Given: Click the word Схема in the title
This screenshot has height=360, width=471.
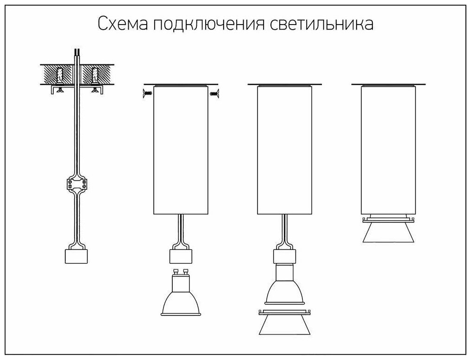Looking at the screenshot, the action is (x=122, y=24).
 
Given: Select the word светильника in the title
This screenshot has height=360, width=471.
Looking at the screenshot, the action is (x=321, y=24).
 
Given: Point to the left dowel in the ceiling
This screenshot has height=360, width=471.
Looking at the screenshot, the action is (x=60, y=74).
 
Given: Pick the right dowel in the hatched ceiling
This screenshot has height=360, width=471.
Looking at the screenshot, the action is (x=95, y=74).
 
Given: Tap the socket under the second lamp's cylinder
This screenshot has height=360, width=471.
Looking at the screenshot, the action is (x=180, y=256).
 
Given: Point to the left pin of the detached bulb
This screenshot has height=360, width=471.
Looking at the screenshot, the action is (x=175, y=272).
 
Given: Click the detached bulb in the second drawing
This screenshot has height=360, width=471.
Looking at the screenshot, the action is (x=180, y=299).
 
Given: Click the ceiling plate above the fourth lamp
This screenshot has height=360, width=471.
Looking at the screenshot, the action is (x=388, y=85).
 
